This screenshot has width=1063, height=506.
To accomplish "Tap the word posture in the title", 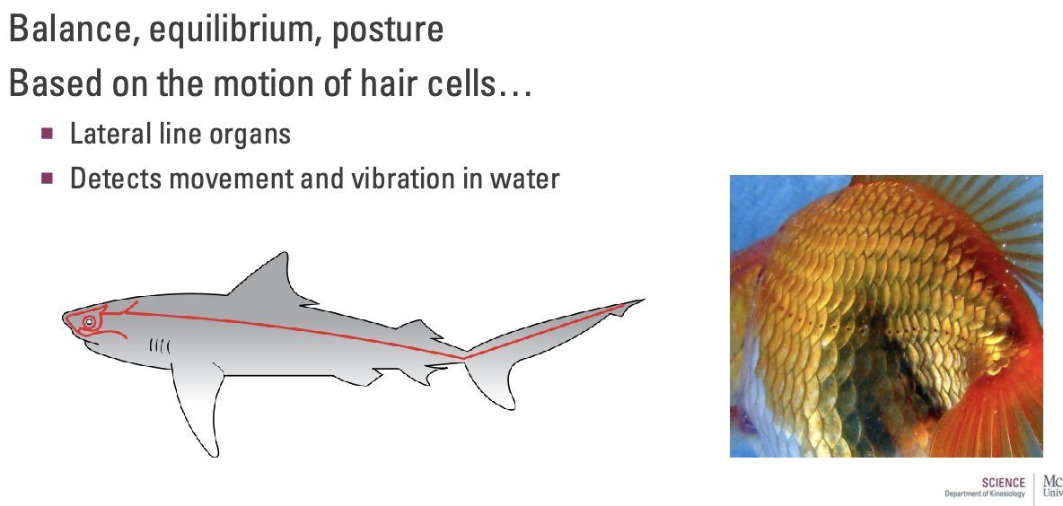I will point(387,30).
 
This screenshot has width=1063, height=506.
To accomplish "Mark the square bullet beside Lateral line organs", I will point(48,135).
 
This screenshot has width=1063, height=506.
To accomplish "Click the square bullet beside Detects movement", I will point(48,178).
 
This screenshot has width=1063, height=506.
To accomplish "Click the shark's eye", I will point(89,321).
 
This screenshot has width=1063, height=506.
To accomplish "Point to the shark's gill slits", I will point(159,345).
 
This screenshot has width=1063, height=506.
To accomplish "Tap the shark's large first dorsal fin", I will point(268,278).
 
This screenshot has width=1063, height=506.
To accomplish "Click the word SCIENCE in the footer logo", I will point(1003,483).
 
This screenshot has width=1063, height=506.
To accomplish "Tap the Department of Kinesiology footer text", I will point(984,494).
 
